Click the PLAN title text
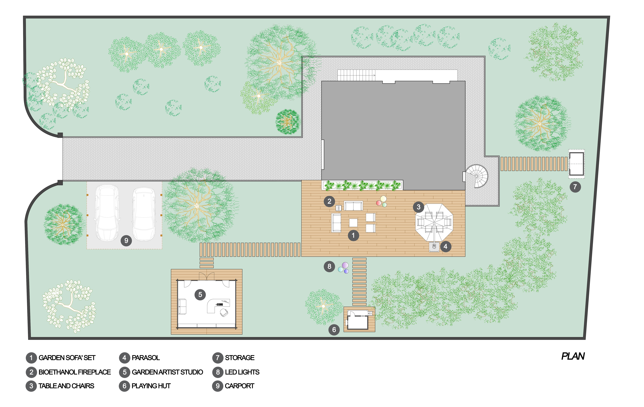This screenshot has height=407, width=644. pos(573,356)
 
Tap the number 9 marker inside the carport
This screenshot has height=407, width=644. pos(126,241)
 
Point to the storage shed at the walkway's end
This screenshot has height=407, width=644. pos(576,164)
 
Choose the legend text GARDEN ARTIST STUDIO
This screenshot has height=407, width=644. pos(167,372)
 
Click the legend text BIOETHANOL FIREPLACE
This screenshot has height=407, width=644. pos(75,372)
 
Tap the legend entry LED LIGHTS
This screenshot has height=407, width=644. pos(242,372)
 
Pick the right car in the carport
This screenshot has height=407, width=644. pos(144,214)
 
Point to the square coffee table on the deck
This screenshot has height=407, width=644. pos(353,223)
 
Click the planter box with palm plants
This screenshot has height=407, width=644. pos(362,185)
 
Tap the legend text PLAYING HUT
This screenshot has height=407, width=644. pos(151,386)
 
